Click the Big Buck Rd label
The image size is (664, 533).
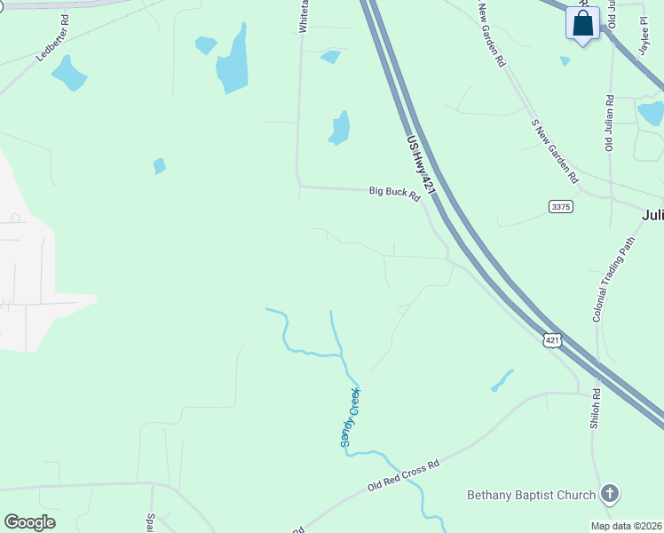394,193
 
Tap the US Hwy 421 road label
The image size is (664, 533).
420,164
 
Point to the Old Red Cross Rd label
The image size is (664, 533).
404,478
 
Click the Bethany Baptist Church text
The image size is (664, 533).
533,494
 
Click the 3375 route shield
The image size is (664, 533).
561,206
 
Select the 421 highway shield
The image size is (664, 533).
552,339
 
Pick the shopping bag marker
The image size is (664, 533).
582,24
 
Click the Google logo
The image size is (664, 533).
29,522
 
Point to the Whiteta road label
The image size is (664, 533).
304,16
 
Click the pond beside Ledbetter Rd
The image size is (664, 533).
69,73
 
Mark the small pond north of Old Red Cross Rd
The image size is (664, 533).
502,380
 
